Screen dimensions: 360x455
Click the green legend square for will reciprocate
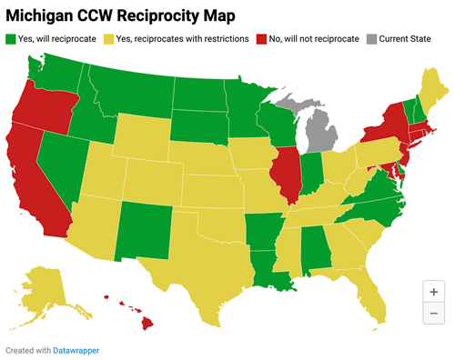point(11,39)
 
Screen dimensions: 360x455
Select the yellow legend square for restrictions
point(108,39)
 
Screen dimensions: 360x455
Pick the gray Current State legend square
point(372,39)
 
